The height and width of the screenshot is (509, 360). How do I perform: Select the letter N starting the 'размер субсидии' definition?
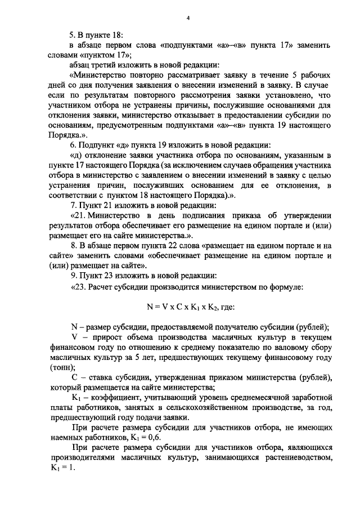[x=74, y=328]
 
